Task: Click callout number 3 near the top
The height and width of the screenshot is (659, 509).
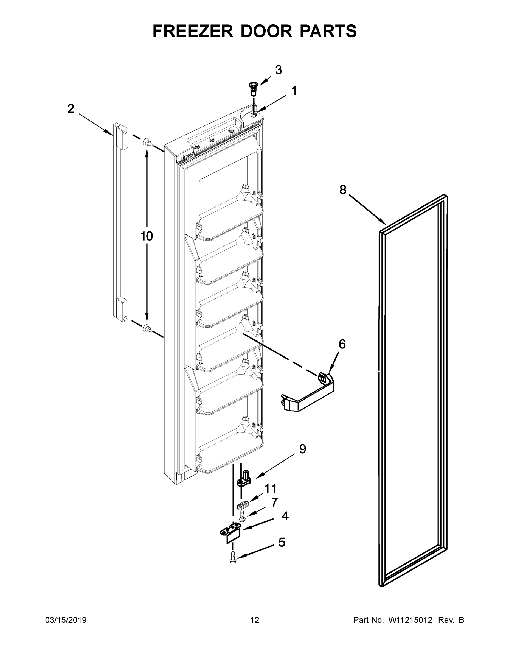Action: tap(278, 70)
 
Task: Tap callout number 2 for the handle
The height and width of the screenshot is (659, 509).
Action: tap(71, 109)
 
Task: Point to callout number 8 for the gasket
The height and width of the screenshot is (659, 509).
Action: tap(343, 190)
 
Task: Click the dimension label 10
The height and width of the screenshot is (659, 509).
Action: tap(147, 236)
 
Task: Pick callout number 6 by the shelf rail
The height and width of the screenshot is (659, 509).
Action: tap(342, 344)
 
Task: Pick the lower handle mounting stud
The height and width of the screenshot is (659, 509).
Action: tap(147, 328)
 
